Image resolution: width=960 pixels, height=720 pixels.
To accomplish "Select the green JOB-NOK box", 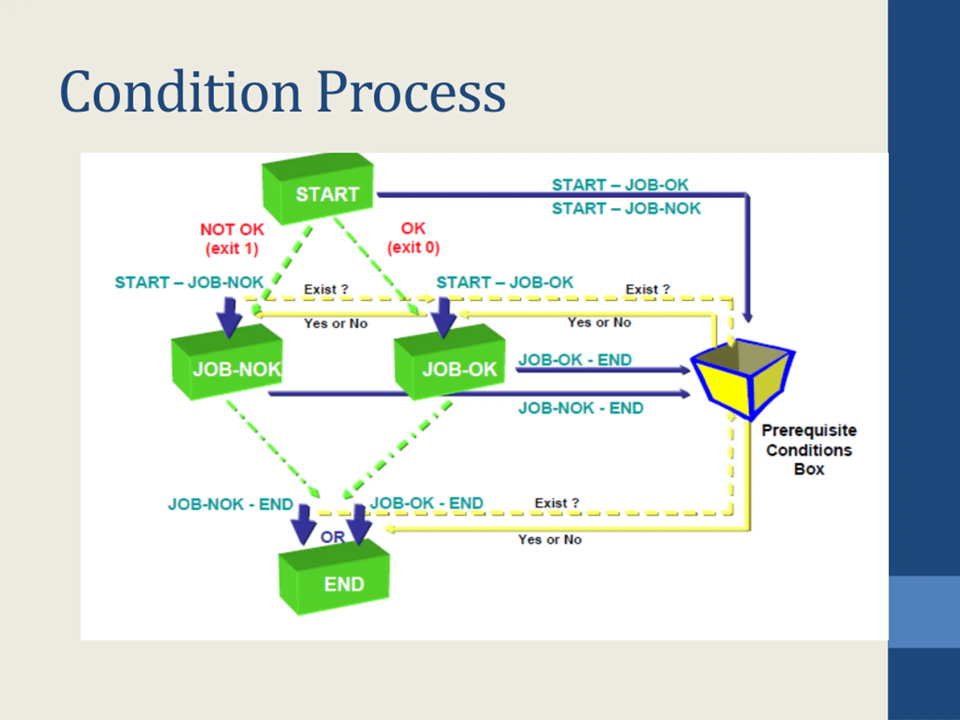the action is click(x=227, y=362).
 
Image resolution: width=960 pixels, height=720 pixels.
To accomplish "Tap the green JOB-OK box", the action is click(x=450, y=362).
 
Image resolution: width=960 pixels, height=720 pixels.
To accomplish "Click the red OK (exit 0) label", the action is click(x=413, y=238).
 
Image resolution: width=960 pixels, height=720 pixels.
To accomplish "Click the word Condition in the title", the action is click(x=180, y=91).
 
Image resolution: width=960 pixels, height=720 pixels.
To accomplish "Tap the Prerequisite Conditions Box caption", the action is click(x=809, y=450).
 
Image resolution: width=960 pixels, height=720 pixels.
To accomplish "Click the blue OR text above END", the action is click(x=333, y=537).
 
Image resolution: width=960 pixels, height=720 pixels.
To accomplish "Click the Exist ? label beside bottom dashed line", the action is click(x=557, y=503).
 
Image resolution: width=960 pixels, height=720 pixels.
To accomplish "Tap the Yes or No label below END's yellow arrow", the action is click(x=550, y=540).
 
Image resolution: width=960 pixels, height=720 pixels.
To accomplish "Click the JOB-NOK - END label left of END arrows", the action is click(x=231, y=504).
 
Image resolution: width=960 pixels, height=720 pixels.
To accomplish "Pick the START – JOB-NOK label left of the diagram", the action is click(x=189, y=282).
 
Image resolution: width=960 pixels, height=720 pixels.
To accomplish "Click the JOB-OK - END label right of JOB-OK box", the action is click(x=575, y=360).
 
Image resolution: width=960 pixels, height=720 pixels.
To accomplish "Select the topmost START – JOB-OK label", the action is click(x=620, y=185).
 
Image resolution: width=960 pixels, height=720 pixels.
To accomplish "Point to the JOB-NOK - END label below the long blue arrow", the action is click(x=580, y=408).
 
